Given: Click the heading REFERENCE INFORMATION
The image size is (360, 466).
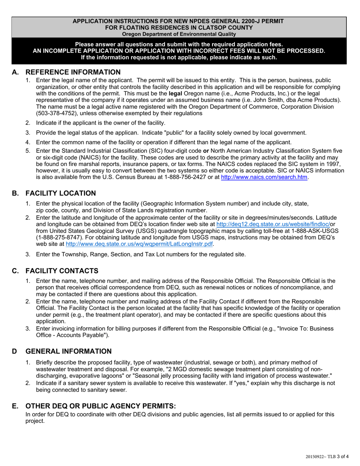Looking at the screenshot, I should pos(73,72).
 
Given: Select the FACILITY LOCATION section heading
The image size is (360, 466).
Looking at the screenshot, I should pos(61,193).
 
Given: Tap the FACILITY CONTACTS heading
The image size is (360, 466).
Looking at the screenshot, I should pos(62,271).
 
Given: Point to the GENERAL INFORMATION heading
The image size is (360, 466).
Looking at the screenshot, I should pos(68,351).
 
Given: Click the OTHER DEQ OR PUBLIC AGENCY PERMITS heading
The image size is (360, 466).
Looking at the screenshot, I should pos(100,406).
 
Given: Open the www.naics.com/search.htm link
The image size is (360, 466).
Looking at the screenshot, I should pos(264,177).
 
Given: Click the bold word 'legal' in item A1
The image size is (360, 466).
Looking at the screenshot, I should pos(175,94).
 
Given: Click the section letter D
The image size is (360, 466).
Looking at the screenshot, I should pos(14,351).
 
